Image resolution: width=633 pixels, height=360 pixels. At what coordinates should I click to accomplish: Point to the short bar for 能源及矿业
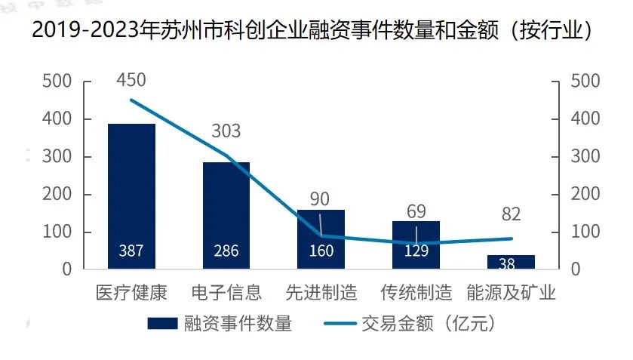click(x=511, y=262)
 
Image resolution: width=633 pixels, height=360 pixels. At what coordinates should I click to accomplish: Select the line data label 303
click(x=226, y=131)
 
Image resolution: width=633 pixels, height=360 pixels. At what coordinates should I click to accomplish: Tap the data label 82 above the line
click(x=511, y=214)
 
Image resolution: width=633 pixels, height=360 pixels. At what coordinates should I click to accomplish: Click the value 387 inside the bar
click(x=131, y=251)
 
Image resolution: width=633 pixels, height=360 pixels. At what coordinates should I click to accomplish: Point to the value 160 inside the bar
click(x=321, y=251)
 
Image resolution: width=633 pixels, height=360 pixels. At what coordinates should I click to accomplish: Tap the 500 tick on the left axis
click(x=57, y=82)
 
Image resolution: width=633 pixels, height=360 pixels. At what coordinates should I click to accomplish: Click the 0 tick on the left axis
click(x=66, y=269)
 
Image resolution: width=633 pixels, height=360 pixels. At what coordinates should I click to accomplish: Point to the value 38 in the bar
click(x=507, y=264)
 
